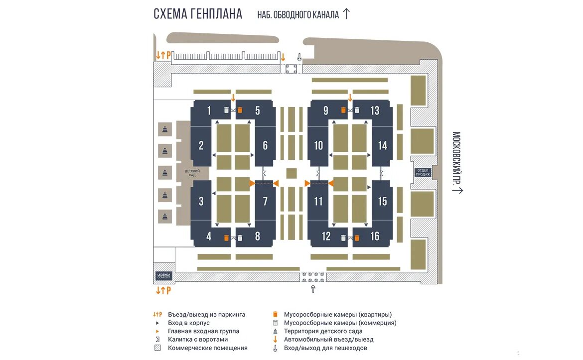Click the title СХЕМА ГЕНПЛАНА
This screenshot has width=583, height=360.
click(x=198, y=14)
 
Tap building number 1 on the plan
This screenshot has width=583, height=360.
click(x=209, y=111)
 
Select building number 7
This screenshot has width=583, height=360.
click(x=265, y=201)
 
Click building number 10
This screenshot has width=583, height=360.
click(x=319, y=146)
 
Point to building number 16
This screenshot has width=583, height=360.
click(x=375, y=237)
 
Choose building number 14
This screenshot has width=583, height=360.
click(x=382, y=146)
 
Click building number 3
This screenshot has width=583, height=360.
click(x=201, y=201)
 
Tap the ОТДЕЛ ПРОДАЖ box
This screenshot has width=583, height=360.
click(x=422, y=172)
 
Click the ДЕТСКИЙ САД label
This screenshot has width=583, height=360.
click(x=192, y=173)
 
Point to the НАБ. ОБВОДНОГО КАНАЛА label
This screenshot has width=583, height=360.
click(x=298, y=15)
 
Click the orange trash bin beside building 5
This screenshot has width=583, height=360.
click(x=240, y=110)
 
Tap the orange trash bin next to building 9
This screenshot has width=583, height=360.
click(x=343, y=110)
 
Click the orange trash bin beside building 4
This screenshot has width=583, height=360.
click(x=226, y=238)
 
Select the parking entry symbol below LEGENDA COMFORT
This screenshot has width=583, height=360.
click(x=163, y=290)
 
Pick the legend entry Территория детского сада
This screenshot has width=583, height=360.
click(x=323, y=331)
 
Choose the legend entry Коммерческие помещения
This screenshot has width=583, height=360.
click(x=207, y=348)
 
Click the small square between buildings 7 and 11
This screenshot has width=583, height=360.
click(x=291, y=173)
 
